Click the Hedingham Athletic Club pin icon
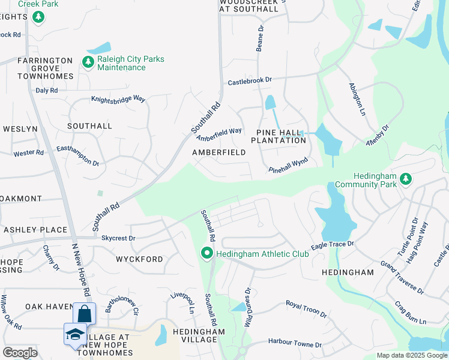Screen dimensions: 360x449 pos(208,254)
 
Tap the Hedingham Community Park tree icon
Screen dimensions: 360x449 pos(406,178)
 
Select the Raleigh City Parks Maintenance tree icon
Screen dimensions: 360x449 pos(88,62)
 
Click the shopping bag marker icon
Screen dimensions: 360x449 pos(84,314)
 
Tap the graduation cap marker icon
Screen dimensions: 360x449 pos(74,334)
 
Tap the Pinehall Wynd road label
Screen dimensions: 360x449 pos(288,165)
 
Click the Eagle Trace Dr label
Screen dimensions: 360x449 pos(333,245)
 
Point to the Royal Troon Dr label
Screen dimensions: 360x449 pos(306,309)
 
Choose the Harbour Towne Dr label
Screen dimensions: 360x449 pos(294,345)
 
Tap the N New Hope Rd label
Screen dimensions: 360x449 pos(81,270)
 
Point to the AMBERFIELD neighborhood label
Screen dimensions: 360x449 pos(218,152)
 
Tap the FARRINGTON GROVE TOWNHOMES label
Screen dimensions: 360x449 pos(45,68)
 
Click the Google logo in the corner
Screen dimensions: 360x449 pos(20,352)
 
